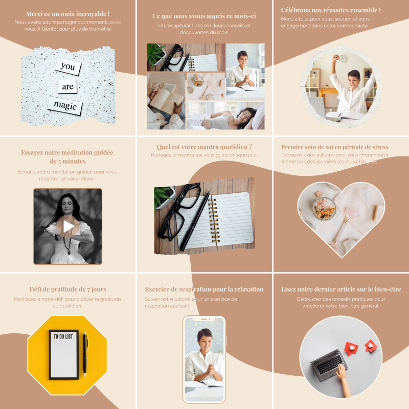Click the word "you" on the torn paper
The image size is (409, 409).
(x=67, y=66)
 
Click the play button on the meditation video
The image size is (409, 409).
(x=68, y=226)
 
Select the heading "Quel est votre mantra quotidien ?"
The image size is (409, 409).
(x=204, y=147)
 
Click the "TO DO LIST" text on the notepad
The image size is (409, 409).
(x=63, y=337)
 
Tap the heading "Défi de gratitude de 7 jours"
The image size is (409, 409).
(x=68, y=289)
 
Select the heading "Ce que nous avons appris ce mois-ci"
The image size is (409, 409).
(x=204, y=16)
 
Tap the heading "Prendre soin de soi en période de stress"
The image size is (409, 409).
(x=335, y=147)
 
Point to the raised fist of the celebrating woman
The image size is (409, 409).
(x=335, y=57)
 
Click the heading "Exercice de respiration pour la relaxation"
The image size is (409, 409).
(x=204, y=289)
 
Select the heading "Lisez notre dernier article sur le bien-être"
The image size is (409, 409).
(x=341, y=289)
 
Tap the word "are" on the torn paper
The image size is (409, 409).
(x=67, y=86)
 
